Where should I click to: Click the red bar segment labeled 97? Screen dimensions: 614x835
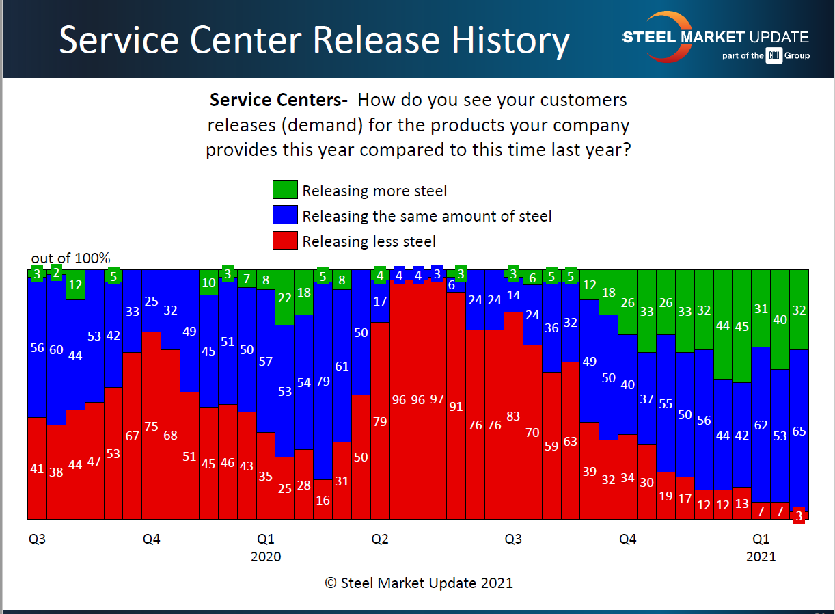coord(437,399)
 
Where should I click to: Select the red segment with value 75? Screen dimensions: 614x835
coord(152,426)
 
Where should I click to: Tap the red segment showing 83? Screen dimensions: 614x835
coord(513,416)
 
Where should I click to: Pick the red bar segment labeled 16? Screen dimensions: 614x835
coord(323,499)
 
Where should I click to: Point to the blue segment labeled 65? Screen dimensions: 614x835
coord(799,431)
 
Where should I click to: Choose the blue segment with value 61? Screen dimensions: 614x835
coord(342,366)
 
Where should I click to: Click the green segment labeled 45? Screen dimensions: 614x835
coord(741,326)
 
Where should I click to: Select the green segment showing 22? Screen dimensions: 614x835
coord(285,297)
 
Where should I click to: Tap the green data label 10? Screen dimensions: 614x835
coord(209,282)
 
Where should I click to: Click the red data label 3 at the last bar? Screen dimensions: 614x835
coord(799,518)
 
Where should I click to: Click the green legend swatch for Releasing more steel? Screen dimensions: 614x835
coord(285,190)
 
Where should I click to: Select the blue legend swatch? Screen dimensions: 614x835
coord(285,215)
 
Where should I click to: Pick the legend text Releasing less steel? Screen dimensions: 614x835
coord(369,241)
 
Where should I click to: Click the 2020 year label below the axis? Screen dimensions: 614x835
coord(266,557)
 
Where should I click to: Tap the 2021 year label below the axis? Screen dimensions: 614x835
coord(761,557)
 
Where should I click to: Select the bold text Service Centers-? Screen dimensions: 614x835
coord(279,100)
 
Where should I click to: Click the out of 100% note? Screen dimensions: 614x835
coord(71,258)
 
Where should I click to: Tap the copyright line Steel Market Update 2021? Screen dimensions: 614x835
coord(418,583)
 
